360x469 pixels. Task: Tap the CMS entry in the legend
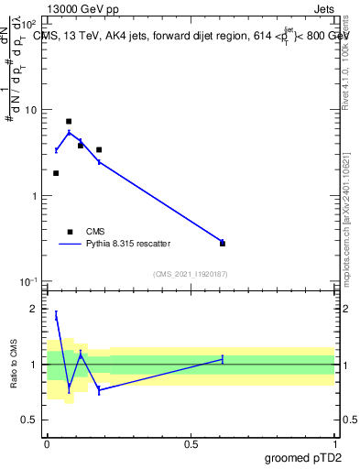tap(95, 232)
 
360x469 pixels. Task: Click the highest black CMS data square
tap(69, 121)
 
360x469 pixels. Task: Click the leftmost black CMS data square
tap(56, 173)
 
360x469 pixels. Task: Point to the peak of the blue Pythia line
tap(69, 132)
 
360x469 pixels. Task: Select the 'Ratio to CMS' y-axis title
tap(13, 365)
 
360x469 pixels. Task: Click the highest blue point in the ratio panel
tap(56, 315)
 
